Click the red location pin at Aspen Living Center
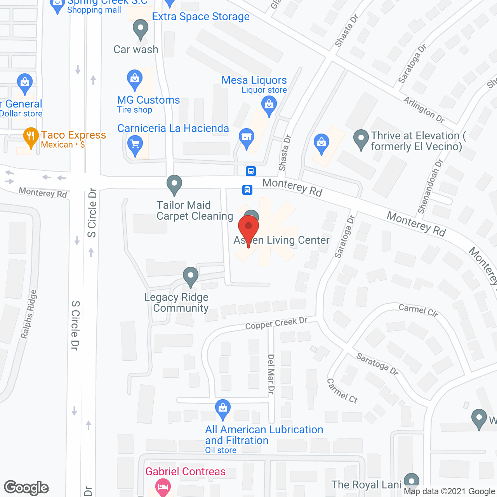click(248, 227)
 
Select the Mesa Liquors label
click(254, 80)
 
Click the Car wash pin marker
click(141, 29)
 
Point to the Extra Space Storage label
click(201, 17)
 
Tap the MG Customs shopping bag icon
click(135, 79)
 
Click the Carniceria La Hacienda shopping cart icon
click(135, 145)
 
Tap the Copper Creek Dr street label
click(276, 323)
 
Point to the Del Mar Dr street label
click(271, 374)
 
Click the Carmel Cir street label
click(418, 310)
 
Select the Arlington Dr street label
click(424, 109)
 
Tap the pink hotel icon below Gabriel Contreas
click(163, 487)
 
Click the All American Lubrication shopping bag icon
click(223, 408)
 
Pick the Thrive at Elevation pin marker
click(361, 138)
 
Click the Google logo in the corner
click(26, 488)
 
